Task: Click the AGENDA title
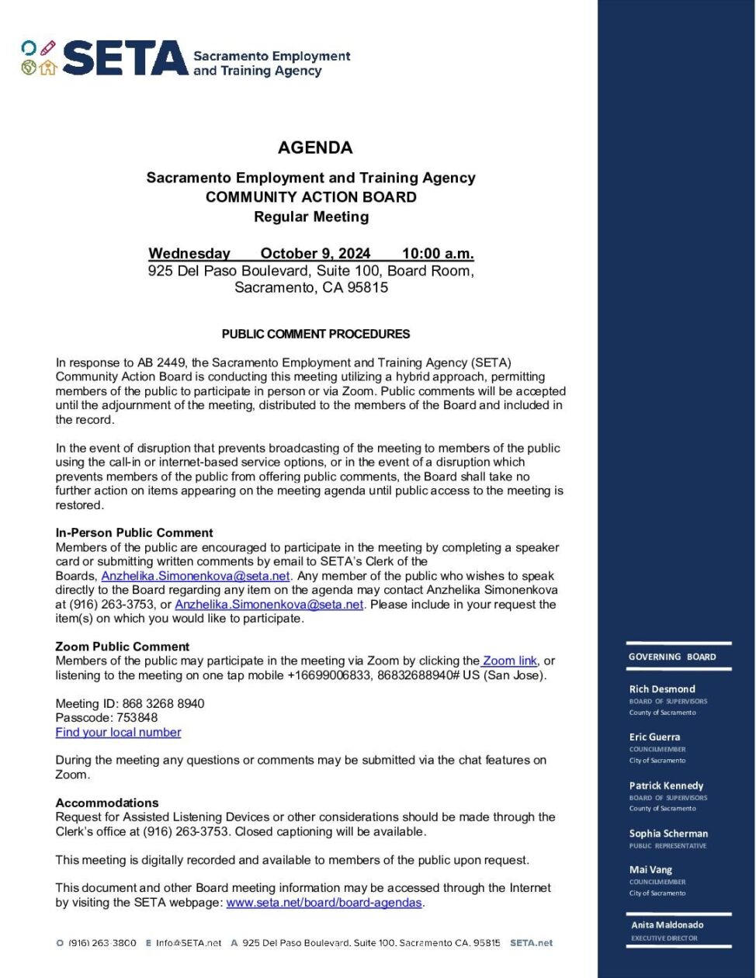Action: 315,147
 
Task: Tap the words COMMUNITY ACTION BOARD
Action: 310,197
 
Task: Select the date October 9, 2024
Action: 315,254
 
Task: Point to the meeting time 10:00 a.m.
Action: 438,254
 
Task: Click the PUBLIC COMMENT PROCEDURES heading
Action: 316,335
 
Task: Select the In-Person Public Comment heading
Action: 134,532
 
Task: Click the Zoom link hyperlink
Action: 510,661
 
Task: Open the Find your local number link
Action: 118,732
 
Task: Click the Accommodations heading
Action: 107,803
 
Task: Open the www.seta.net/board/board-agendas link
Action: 324,903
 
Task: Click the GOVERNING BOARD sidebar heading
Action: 672,657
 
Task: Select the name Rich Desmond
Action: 662,689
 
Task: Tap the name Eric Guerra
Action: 654,737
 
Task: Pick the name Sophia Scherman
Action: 668,834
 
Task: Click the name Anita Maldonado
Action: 668,925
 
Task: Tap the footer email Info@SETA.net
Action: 189,943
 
